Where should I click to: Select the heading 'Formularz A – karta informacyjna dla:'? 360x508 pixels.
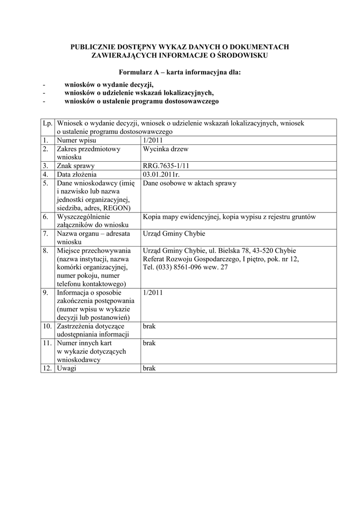click(180, 72)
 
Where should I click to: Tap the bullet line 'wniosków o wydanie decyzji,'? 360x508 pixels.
click(109, 84)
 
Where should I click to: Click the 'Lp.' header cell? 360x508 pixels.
click(48, 123)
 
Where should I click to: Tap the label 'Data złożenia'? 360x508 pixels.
click(77, 174)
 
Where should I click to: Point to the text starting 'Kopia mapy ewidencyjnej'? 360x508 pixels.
click(229, 217)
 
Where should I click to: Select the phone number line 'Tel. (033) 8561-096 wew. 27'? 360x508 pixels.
click(185, 267)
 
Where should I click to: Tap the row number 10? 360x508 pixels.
click(47, 326)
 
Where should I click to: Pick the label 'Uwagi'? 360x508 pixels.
click(67, 369)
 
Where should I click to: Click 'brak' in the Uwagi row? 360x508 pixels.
click(149, 369)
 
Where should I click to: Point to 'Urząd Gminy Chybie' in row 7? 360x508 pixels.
click(173, 234)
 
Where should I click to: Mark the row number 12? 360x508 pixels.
click(47, 369)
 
